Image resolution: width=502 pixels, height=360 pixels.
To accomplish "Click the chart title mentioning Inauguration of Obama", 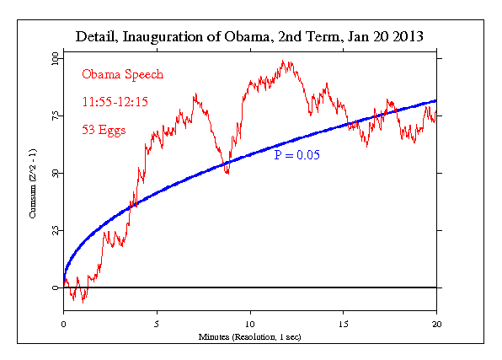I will [x=248, y=38].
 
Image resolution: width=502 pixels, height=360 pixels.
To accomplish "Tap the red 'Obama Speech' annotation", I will [x=123, y=74].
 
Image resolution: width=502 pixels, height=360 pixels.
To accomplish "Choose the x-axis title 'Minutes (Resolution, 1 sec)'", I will [x=249, y=336].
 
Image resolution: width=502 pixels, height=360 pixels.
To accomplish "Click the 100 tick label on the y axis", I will [x=55, y=58].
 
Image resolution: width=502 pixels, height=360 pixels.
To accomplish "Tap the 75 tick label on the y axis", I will [x=55, y=116].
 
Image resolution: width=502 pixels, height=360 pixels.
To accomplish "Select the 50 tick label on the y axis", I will [x=55, y=173].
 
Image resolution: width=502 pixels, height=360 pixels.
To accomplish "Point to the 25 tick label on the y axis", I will [x=55, y=230].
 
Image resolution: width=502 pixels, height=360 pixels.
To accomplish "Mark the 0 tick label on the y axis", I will [x=55, y=287].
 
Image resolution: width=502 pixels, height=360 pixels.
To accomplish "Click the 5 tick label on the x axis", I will [x=157, y=323].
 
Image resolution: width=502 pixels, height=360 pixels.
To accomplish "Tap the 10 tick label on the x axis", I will [x=250, y=323].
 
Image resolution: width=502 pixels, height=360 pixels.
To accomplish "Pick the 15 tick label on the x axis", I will [x=343, y=323].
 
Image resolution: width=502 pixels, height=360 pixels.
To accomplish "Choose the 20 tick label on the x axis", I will [x=436, y=323].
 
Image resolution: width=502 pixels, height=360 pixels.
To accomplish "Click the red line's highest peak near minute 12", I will [x=285, y=62].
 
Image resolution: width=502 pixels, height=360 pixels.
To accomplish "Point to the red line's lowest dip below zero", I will [x=83, y=302].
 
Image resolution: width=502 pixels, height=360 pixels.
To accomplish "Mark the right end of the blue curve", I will [x=435, y=101].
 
